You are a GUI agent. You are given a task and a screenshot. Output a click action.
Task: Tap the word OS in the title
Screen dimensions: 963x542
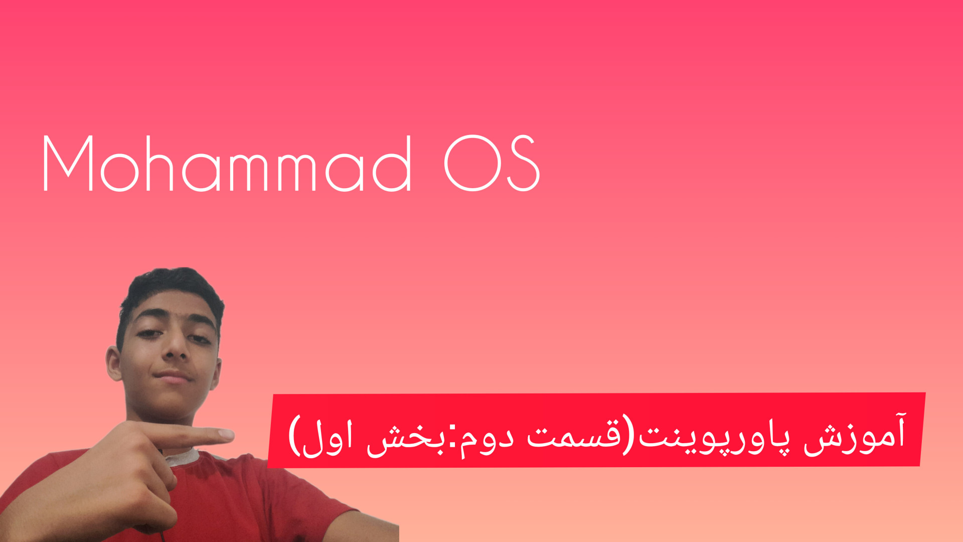(492, 164)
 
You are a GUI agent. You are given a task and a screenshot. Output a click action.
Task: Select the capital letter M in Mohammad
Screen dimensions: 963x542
(68, 164)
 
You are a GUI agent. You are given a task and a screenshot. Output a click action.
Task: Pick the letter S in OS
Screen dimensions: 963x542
(524, 164)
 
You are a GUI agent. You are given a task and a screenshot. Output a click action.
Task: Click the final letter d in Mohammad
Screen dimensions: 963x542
(392, 164)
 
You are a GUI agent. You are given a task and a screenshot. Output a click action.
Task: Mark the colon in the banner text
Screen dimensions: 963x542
(451, 440)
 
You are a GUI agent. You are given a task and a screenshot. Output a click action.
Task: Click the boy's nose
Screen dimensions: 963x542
(175, 346)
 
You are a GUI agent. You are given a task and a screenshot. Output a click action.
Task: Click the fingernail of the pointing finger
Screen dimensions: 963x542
(226, 434)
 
